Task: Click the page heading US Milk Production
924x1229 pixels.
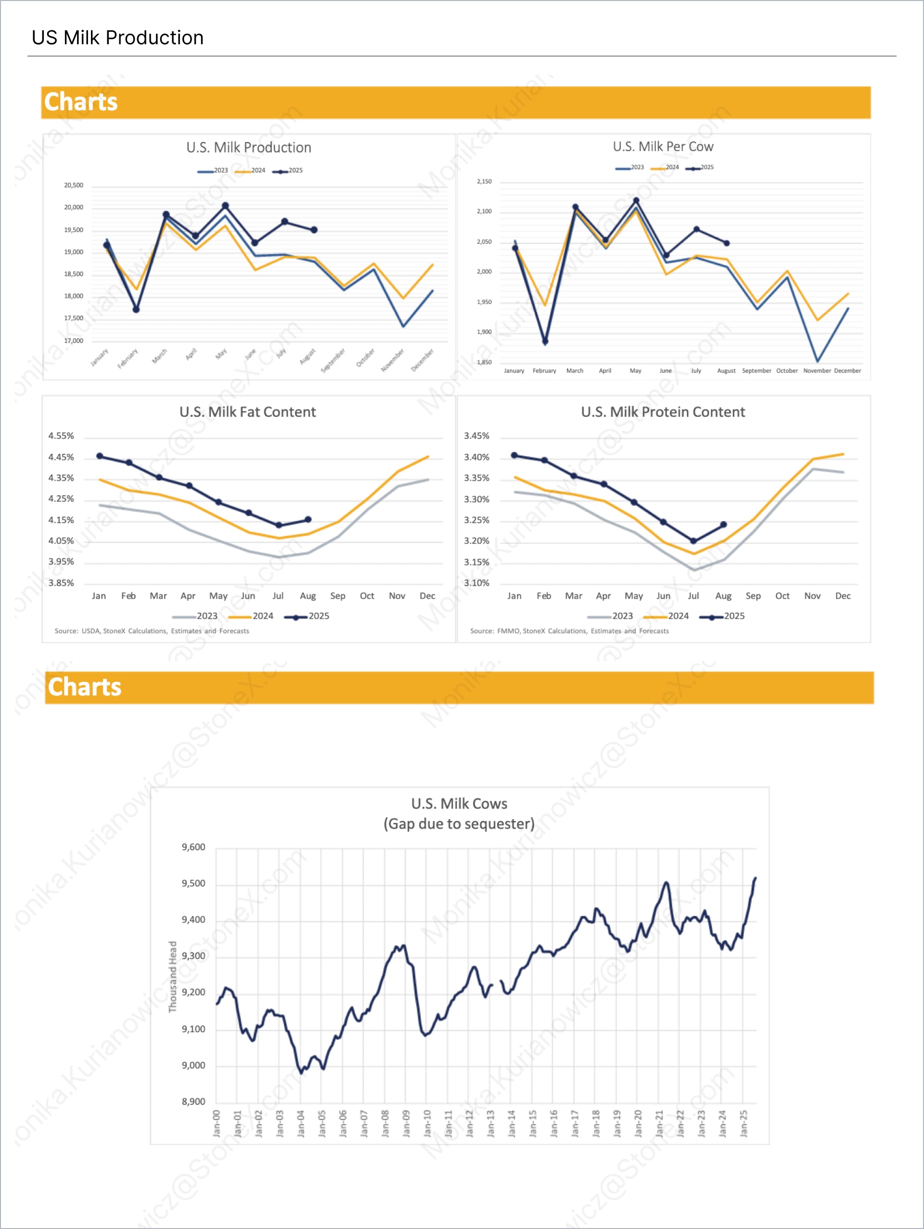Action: point(117,38)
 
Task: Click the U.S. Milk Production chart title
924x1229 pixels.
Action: point(248,147)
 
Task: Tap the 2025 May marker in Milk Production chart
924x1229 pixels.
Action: point(225,205)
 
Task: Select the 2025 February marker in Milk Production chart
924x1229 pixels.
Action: point(136,309)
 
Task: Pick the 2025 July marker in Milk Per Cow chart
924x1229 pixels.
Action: point(696,230)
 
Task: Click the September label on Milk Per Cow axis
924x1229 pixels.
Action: point(756,371)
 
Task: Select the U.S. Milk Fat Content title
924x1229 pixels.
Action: point(247,412)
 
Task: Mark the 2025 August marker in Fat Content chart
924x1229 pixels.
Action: point(308,520)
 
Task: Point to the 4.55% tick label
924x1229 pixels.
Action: point(61,436)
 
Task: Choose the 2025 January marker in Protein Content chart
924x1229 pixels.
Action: point(514,456)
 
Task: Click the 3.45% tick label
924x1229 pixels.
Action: point(477,436)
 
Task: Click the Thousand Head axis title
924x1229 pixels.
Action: point(173,976)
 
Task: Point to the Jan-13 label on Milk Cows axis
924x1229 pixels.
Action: point(490,1124)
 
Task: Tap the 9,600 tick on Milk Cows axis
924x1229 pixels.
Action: point(193,847)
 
